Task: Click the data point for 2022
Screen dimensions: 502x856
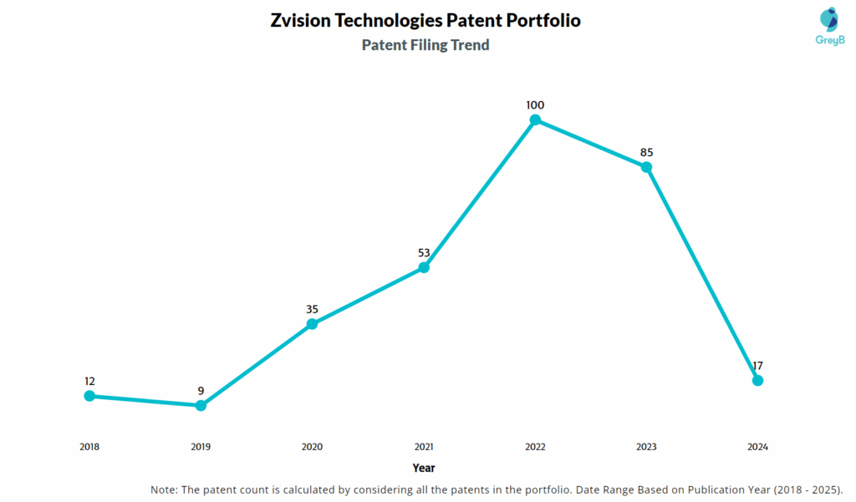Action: (535, 120)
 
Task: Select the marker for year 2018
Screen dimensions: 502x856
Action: (89, 396)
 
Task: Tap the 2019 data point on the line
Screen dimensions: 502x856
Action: (201, 406)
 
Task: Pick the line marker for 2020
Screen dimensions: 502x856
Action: (312, 324)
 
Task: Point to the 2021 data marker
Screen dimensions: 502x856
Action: (424, 268)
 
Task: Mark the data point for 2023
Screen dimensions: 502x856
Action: (646, 167)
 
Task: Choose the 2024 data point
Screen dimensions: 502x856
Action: (757, 381)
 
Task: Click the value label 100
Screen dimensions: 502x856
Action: (535, 105)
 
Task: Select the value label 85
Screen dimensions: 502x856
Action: (646, 153)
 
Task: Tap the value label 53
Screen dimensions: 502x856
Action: (424, 253)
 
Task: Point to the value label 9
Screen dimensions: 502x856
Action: (201, 391)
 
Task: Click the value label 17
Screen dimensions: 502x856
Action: (757, 366)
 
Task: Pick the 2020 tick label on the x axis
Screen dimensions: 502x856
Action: (312, 447)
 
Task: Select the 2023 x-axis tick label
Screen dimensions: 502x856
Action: (646, 447)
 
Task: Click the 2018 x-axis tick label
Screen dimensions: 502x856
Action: (89, 447)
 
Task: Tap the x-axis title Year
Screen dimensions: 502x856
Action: (423, 469)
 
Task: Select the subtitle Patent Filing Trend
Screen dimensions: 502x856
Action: (425, 45)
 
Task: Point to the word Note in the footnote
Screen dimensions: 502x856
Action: (164, 489)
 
